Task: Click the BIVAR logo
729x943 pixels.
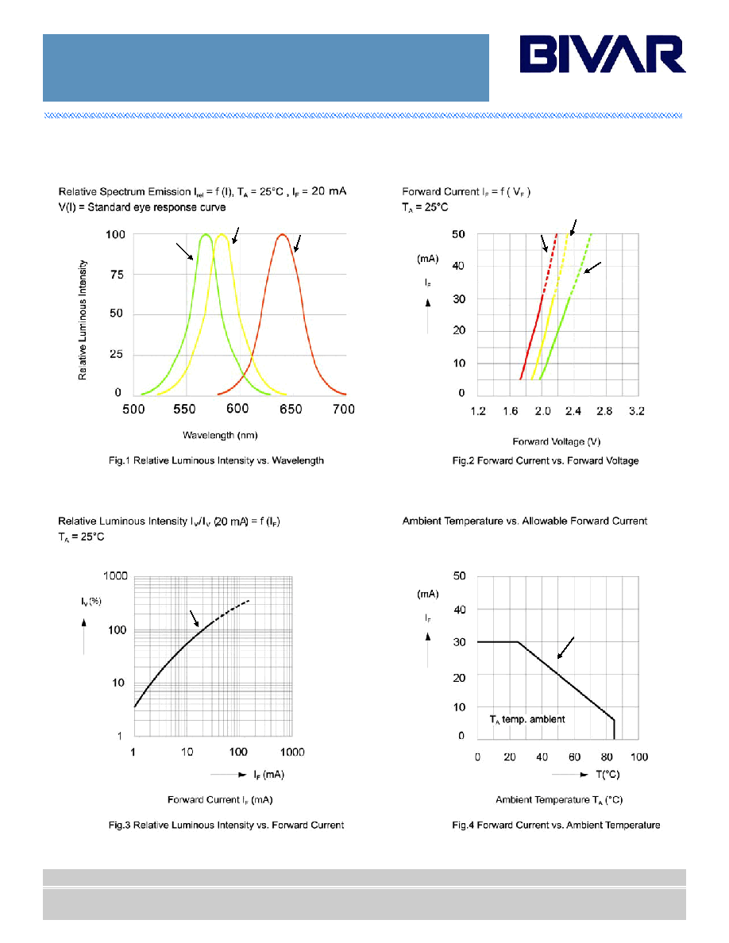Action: (603, 54)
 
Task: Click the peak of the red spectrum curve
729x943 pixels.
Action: (282, 234)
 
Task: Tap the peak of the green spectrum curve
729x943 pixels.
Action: (206, 234)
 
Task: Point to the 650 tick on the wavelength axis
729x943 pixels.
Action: (291, 409)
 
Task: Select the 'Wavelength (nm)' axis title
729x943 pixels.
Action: (220, 435)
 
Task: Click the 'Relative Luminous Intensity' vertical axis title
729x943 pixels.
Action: (83, 320)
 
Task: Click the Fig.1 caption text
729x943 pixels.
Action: (216, 460)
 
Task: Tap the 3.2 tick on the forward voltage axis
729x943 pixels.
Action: (637, 411)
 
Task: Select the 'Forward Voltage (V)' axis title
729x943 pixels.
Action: (557, 441)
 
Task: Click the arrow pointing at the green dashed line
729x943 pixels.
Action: (592, 268)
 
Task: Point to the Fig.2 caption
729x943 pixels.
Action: (546, 460)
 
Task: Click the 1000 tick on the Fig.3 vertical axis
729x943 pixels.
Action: (115, 575)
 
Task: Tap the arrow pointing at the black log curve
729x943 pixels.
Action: (195, 619)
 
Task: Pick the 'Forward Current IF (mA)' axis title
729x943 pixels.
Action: (220, 800)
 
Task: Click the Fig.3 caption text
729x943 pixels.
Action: (226, 826)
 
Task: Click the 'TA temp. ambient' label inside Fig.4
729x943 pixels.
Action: (527, 719)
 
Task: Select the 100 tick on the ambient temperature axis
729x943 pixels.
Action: (639, 757)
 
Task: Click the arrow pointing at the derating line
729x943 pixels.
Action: (565, 648)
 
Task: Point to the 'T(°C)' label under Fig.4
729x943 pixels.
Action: (607, 775)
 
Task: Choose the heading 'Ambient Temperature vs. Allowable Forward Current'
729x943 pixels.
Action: (524, 521)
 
